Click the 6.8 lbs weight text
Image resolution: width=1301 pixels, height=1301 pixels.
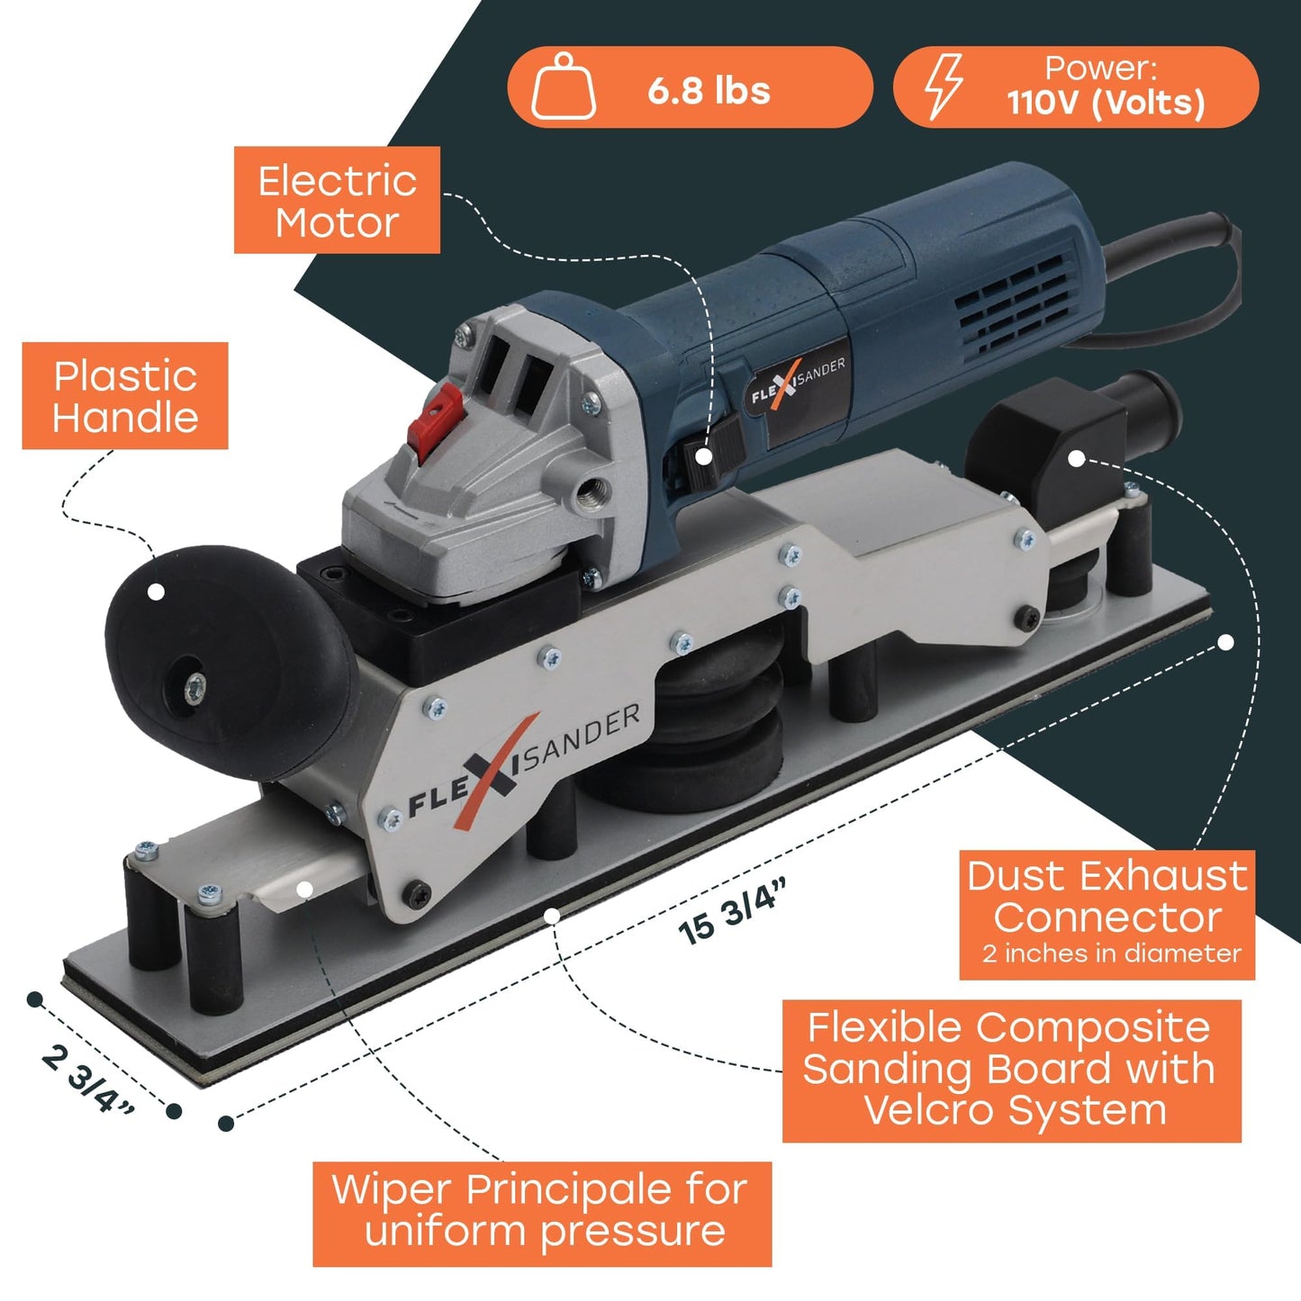tap(709, 91)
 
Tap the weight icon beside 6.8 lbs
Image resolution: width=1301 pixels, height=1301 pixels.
tap(564, 87)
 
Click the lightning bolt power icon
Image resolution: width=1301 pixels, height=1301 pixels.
tap(944, 86)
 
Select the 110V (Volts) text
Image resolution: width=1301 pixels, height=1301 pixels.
tap(1106, 103)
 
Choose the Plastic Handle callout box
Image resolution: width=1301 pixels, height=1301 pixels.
tap(125, 396)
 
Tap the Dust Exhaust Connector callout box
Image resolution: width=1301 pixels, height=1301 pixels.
tap(1107, 914)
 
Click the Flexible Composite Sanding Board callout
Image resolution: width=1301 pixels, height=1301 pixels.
tap(1011, 1070)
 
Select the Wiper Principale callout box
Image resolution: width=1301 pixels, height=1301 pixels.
tap(542, 1212)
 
